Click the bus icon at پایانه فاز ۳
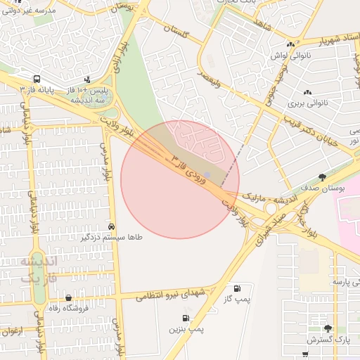(x=37, y=79)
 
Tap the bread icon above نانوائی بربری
(x=307, y=92)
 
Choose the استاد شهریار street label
(x=323, y=40)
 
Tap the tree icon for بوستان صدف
(x=323, y=177)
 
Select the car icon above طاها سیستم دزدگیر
(x=112, y=226)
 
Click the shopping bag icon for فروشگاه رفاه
(x=68, y=297)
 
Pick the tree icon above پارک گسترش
(x=327, y=328)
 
